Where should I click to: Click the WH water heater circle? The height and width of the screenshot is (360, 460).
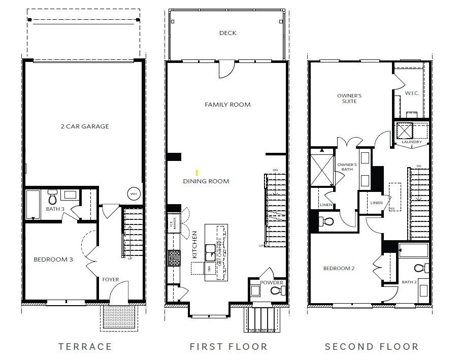(x=134, y=194)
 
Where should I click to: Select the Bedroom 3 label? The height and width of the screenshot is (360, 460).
(x=53, y=259)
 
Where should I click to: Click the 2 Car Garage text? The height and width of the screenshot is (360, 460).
(x=85, y=126)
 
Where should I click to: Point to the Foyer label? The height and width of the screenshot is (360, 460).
(x=111, y=279)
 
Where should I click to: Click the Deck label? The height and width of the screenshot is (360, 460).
(x=227, y=34)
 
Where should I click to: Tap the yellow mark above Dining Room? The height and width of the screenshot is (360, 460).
(x=196, y=173)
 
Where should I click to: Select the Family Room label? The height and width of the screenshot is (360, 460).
(x=227, y=105)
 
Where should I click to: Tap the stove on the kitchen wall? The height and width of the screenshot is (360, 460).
(x=174, y=258)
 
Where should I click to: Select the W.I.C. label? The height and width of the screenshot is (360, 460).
(x=412, y=93)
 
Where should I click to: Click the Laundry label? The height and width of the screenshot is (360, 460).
(x=411, y=142)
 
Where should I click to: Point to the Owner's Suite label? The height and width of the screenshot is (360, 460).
(x=349, y=99)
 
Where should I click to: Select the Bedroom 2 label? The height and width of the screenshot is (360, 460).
(x=339, y=268)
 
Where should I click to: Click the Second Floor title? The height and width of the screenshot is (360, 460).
(x=372, y=347)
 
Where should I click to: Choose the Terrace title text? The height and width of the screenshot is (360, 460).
(x=85, y=347)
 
